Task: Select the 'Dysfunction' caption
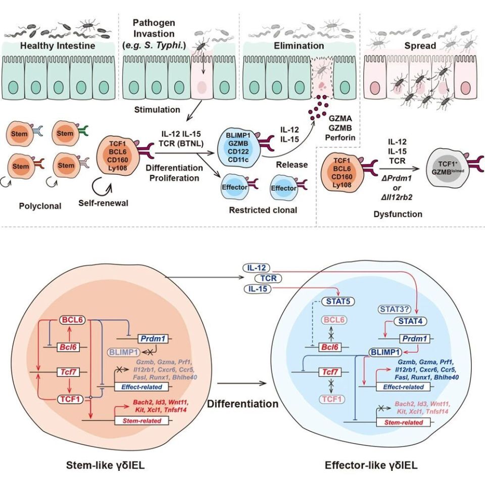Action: (x=398, y=214)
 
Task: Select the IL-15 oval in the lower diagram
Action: (x=257, y=288)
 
